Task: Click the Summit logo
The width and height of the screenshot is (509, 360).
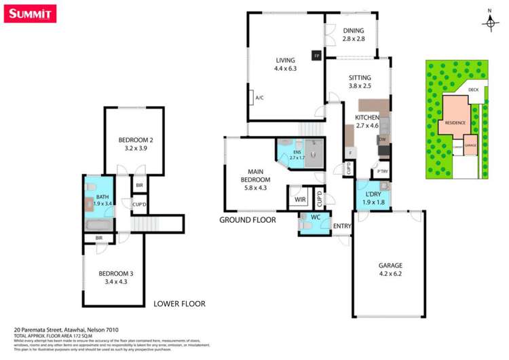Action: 29,13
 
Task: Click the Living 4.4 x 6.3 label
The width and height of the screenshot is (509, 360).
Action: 285,64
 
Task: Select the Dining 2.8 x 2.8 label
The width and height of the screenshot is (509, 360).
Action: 353,35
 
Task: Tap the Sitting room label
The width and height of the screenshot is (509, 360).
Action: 360,82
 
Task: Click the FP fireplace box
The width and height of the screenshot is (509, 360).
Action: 316,56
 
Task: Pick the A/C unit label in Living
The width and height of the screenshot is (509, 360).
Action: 259,98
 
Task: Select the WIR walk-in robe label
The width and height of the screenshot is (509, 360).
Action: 299,200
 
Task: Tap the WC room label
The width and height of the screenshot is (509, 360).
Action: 315,217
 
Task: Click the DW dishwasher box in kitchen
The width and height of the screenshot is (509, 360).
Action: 382,140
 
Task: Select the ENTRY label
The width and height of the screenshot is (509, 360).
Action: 341,227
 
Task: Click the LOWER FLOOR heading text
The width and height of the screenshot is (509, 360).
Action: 179,304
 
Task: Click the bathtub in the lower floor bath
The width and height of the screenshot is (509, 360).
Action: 98,225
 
